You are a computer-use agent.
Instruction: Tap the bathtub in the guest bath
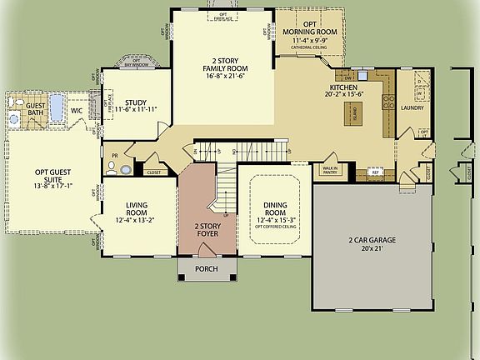(x=57, y=107)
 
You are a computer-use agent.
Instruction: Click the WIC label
(x=77, y=109)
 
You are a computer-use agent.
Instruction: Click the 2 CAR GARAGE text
(x=372, y=240)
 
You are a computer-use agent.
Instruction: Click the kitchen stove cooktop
(x=387, y=104)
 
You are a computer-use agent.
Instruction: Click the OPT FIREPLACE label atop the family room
(x=222, y=17)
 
